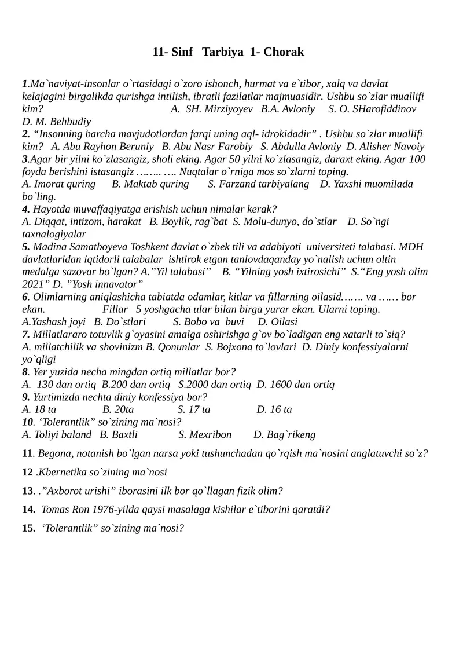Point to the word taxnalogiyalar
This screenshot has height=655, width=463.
54,234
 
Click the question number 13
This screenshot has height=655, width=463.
27,491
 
